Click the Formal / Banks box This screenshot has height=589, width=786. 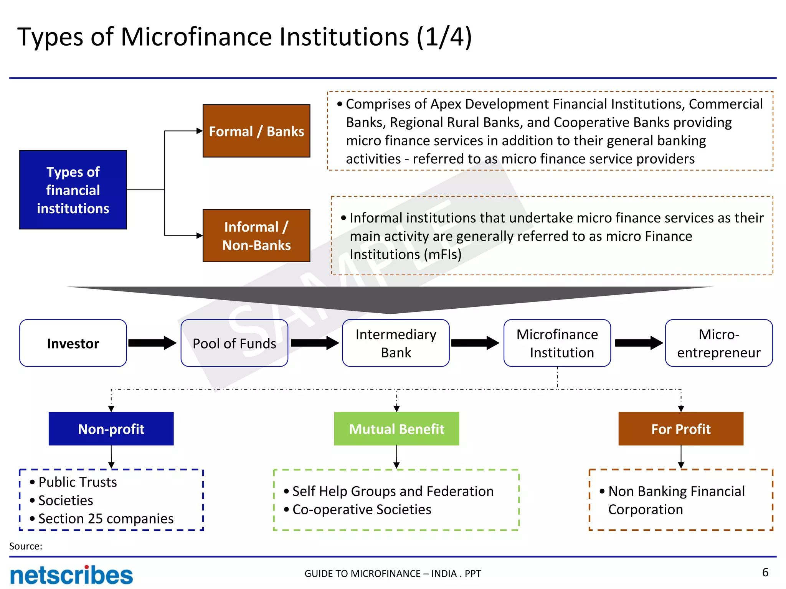pos(256,131)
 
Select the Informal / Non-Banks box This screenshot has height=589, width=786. pos(256,235)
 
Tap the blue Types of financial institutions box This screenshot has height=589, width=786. pos(73,190)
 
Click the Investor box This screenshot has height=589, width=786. pos(73,343)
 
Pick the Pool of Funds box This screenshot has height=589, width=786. pos(234,343)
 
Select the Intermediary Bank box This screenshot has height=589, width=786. pos(396,343)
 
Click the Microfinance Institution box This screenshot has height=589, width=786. pos(557,343)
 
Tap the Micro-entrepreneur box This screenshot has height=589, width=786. pos(718,343)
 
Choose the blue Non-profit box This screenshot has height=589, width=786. pos(111,429)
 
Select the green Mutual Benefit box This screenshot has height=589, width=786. pos(396,429)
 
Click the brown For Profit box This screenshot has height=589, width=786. pos(681,429)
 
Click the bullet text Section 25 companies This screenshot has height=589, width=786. pos(106,518)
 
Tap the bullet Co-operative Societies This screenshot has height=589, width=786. pos(362,509)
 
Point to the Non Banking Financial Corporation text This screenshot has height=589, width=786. pos(676,500)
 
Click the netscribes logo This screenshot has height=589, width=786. pos(71,575)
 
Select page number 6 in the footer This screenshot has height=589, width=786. pos(765,572)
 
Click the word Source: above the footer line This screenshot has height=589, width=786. pos(26,546)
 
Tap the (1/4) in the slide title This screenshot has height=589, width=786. pos(444,37)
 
